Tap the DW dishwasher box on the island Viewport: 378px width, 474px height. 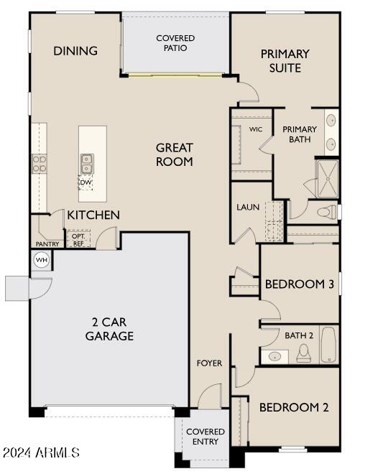point(86,182)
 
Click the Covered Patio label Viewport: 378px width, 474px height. point(175,43)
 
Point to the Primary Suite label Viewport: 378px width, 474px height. point(285,60)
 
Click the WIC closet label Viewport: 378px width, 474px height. point(255,130)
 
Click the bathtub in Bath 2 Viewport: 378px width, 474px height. point(328,345)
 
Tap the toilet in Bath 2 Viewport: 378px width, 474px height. point(304,352)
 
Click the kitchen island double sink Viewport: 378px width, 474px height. point(86,164)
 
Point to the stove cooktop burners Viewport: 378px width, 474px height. point(39,164)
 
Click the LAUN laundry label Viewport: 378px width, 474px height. point(248,208)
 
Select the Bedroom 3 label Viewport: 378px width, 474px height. point(300,284)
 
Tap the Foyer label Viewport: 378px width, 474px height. point(210,363)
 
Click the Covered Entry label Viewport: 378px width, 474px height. point(206,437)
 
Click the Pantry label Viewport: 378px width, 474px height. point(47,243)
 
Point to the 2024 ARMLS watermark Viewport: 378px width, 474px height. point(41,453)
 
